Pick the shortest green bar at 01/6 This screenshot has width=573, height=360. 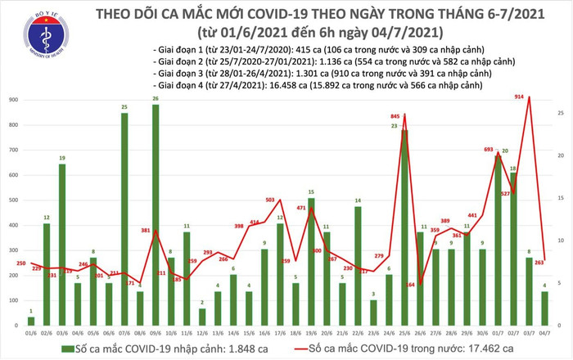click(x=31, y=310)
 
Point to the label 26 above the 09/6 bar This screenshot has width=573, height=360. click(x=155, y=99)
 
